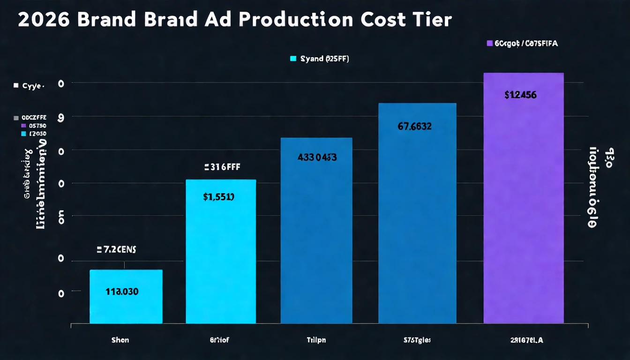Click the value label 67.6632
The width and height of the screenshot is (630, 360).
(414, 126)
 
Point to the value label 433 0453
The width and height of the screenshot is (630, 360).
(317, 157)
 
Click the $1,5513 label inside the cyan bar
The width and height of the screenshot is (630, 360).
(219, 197)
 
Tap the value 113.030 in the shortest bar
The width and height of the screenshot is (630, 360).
(122, 292)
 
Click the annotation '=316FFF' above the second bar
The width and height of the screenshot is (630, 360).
(222, 167)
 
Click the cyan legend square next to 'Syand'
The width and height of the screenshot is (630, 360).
(293, 59)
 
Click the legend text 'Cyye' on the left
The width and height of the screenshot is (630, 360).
(33, 86)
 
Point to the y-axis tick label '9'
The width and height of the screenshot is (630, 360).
(60, 118)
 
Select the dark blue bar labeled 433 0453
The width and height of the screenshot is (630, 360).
(316, 244)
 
